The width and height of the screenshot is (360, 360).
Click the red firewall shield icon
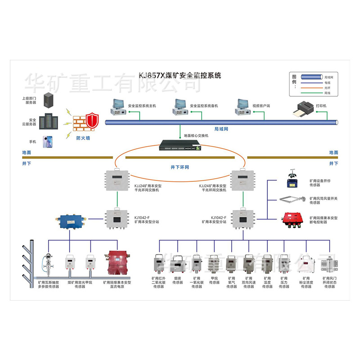92,121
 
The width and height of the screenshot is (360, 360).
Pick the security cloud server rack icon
48,121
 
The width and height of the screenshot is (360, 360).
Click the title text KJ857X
152,76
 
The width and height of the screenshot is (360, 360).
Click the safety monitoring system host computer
118,106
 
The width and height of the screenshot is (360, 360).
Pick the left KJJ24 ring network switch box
117,180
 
